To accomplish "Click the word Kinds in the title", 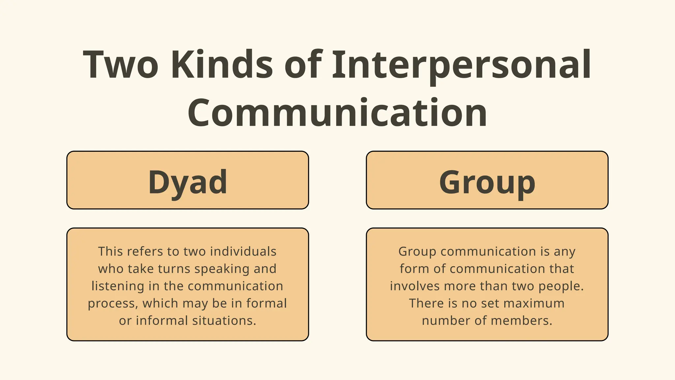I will [x=222, y=64].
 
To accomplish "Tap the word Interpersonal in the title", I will [x=461, y=64].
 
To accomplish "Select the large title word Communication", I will [x=337, y=113].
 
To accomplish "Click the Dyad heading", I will [x=188, y=182].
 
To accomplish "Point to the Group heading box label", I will [x=487, y=182].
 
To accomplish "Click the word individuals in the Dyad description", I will [x=243, y=252].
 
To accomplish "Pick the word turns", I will [x=174, y=269].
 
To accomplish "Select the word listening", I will [x=118, y=286].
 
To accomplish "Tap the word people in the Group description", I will [x=560, y=286].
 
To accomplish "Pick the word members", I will [x=530, y=321].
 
